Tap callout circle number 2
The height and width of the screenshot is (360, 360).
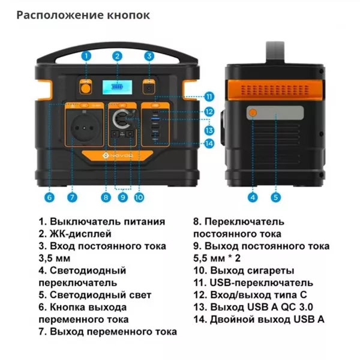(118, 56)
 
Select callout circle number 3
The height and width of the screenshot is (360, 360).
(149, 56)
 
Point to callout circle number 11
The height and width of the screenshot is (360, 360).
(209, 97)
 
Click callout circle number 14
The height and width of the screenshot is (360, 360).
(209, 143)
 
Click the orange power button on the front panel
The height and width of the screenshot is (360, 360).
(86, 88)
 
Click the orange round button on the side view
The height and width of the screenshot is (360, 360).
(253, 112)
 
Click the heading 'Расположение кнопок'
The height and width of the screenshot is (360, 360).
(83, 14)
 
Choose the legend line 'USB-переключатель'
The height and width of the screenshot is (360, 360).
(253, 283)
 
